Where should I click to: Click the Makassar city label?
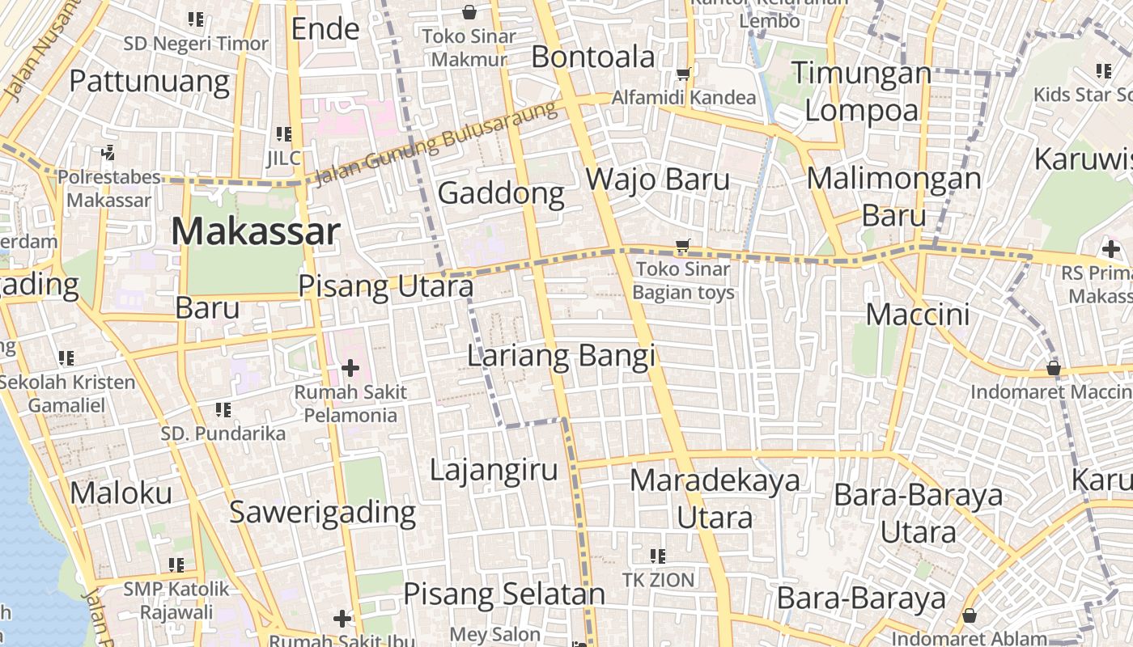(255, 232)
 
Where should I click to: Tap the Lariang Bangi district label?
(562, 356)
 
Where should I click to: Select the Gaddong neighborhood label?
(501, 193)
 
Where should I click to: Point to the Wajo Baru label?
(657, 179)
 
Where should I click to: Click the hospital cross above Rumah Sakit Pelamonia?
(350, 369)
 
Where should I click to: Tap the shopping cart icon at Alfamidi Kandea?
(683, 74)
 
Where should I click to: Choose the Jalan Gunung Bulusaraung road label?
(437, 143)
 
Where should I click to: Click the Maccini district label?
(918, 314)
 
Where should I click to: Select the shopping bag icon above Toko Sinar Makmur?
(469, 12)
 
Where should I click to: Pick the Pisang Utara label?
(386, 287)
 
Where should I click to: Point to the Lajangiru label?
(494, 469)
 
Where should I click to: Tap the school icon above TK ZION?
(658, 556)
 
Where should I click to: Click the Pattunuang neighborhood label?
(149, 81)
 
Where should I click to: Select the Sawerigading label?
(322, 512)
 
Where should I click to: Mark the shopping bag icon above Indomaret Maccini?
(1053, 369)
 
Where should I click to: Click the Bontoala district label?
(593, 57)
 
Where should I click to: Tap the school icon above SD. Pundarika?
(223, 411)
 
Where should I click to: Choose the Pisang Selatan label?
(504, 594)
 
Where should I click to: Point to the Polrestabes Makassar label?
(108, 188)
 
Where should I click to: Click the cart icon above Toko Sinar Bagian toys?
(683, 245)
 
